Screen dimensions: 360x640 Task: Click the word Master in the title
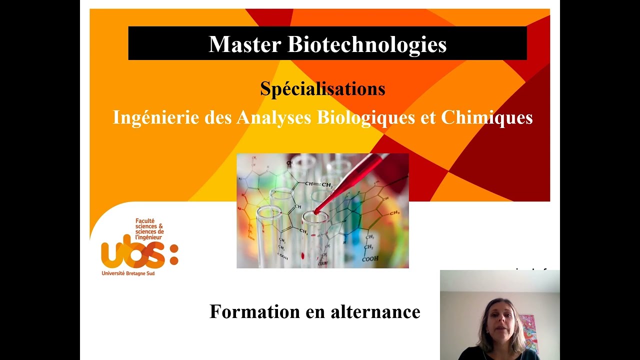point(245,44)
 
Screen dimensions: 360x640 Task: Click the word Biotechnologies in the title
point(366,44)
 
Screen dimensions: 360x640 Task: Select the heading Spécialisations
point(322,89)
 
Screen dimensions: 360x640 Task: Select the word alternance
point(375,311)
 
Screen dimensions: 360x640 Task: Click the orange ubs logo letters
point(133,254)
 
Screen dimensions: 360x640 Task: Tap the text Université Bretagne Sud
point(128,273)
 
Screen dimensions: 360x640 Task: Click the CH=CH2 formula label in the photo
point(318,184)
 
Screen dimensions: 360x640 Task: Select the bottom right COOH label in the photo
point(370,259)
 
